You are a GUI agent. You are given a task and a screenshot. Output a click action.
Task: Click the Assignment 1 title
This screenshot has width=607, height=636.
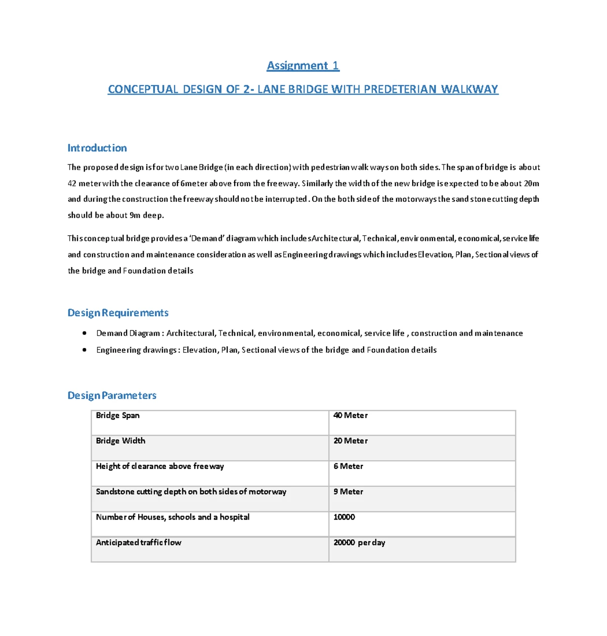pos(303,66)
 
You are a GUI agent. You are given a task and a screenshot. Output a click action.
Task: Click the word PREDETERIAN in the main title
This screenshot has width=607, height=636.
pos(400,90)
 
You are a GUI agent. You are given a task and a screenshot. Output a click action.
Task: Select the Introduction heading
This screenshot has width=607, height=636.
pos(97,148)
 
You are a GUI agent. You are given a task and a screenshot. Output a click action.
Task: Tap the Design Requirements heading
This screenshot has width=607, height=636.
pos(118,313)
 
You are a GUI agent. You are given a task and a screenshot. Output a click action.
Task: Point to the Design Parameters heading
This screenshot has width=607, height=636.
pos(112,396)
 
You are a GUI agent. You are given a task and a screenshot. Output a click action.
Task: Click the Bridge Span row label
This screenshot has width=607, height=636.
pos(118,415)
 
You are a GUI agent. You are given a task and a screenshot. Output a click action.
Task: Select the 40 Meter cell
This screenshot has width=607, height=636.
pos(351,415)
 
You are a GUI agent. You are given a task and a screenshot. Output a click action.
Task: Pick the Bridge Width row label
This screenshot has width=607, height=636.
pos(120,441)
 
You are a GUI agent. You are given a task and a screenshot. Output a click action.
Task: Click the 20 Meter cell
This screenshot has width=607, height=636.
pos(351,441)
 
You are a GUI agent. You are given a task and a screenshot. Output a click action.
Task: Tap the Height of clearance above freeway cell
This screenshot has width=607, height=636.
pos(160,467)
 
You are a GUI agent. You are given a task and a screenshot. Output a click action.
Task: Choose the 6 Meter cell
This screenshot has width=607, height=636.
pos(348,467)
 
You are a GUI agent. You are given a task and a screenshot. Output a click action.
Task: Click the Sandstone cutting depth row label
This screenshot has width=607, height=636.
pos(191,492)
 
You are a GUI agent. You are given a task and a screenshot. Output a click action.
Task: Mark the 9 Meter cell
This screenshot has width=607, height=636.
pos(348,492)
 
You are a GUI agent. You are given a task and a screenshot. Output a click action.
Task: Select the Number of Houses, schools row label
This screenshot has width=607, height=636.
pos(172,517)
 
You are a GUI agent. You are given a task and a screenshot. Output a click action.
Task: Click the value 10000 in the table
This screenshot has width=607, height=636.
pos(344,517)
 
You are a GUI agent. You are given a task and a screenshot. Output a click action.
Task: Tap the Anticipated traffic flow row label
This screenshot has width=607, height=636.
pos(139,542)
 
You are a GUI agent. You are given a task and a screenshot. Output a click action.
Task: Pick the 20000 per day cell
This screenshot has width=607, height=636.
pos(359,542)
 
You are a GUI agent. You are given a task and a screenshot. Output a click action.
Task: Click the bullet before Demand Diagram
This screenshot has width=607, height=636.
pos(84,333)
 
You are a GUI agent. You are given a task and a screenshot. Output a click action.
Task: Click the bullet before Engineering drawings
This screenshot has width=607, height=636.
pos(84,350)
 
